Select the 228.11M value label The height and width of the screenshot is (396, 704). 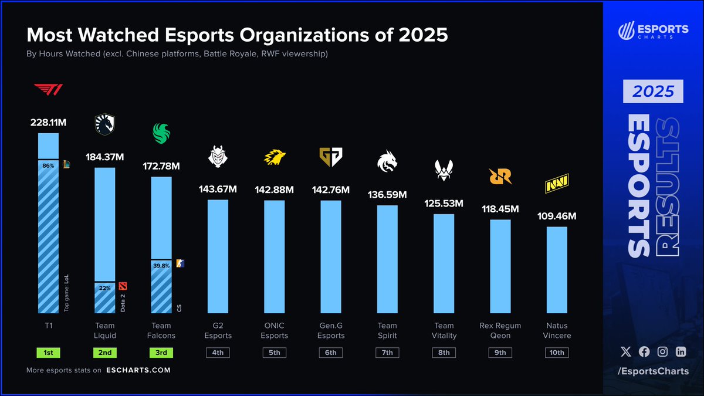(48, 123)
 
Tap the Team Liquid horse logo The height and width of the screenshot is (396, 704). (105, 124)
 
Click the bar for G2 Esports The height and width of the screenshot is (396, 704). (218, 256)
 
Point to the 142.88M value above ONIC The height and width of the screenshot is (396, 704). (275, 189)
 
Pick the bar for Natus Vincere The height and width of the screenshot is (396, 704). (557, 269)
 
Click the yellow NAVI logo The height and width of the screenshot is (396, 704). (557, 185)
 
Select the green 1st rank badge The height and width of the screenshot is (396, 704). (48, 353)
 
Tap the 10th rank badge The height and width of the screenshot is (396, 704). (557, 353)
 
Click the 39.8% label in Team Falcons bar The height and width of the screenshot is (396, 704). (161, 265)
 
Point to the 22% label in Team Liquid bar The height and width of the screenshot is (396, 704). (104, 287)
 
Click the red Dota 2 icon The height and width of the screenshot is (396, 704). (123, 286)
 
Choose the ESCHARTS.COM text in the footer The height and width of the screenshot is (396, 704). (138, 370)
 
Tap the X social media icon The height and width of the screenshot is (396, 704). (626, 351)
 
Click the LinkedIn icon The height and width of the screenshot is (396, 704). (681, 351)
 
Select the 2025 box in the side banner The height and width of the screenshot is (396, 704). (654, 92)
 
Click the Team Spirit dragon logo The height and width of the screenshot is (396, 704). (387, 162)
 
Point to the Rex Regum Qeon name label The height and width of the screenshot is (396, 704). (500, 330)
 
